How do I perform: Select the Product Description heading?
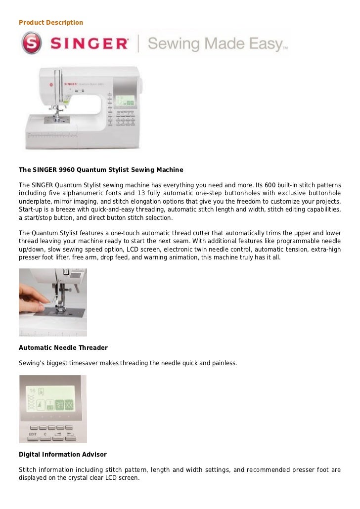(x=51, y=23)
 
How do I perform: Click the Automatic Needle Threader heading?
(x=63, y=347)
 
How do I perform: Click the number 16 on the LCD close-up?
(x=32, y=390)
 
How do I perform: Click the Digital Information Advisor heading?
(x=62, y=454)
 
